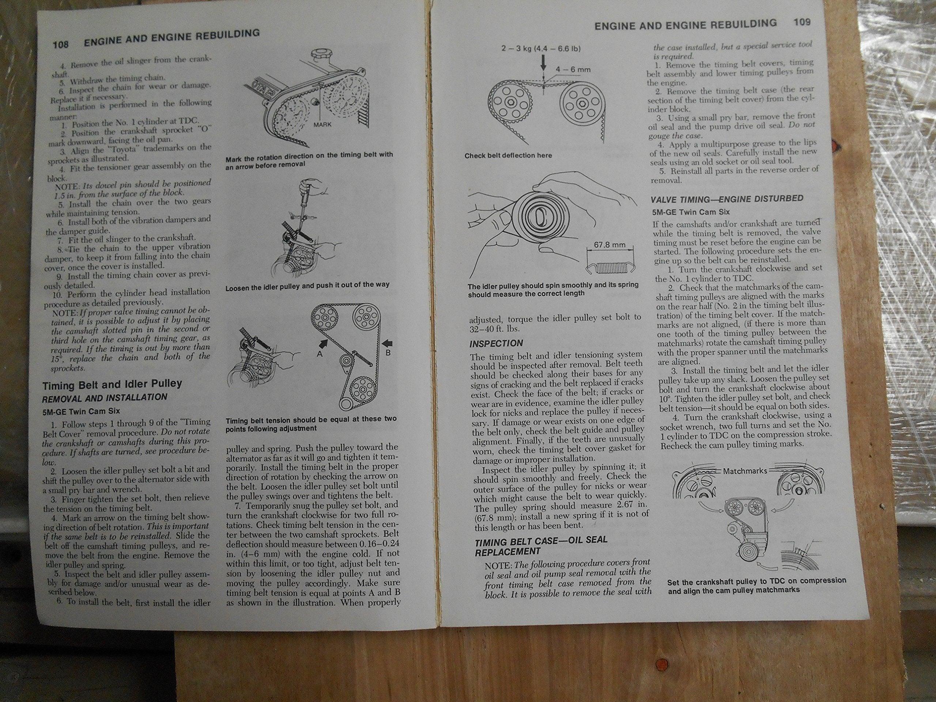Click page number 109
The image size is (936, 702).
point(802,22)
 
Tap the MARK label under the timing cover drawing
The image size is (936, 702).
point(322,124)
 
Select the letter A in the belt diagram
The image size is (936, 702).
point(320,354)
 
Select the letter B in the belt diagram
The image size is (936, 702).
point(388,352)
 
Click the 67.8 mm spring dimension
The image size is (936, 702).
point(609,245)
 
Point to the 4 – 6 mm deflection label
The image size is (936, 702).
point(573,69)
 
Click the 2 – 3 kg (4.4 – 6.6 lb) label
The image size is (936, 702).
point(541,49)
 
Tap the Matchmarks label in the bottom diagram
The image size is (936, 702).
point(745,471)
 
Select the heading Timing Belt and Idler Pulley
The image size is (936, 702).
point(112,385)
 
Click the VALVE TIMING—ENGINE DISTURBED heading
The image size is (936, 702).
point(726,199)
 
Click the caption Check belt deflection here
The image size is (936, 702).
point(508,156)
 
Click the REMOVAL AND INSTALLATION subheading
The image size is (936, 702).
point(105,398)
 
